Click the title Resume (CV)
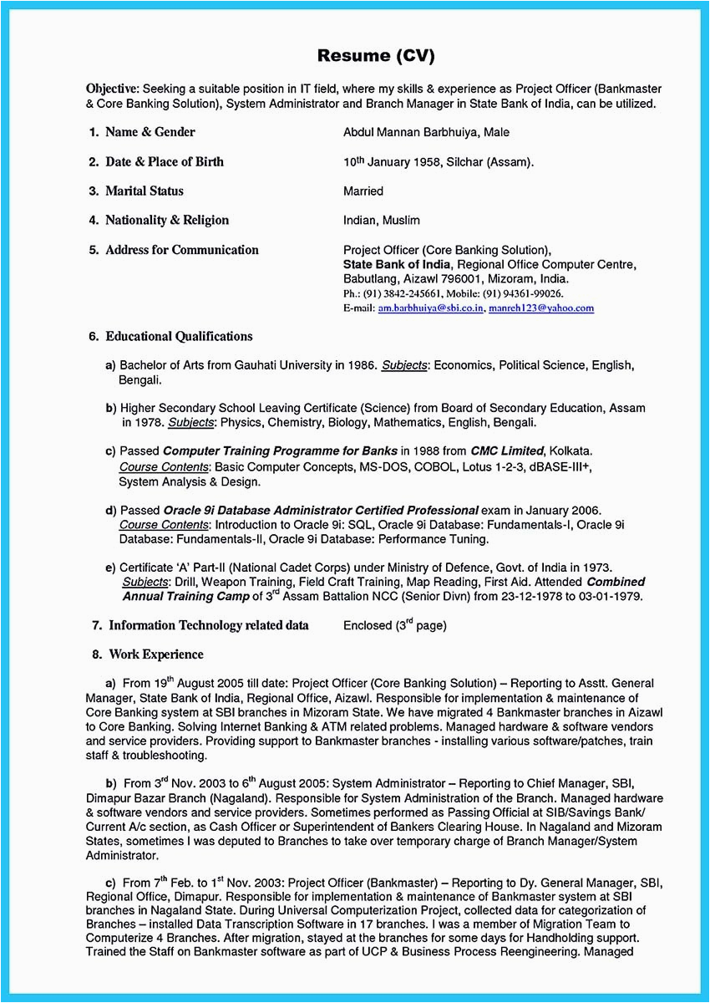tap(376, 56)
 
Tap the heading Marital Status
tap(144, 191)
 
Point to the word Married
tap(363, 191)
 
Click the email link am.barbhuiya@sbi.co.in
tap(430, 308)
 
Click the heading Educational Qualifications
tap(179, 336)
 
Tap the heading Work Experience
tap(155, 654)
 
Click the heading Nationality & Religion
tap(166, 220)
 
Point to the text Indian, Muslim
tap(382, 221)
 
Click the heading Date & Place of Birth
tap(164, 161)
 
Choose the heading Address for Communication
tap(181, 249)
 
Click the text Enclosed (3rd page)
tap(395, 625)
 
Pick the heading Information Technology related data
tap(208, 625)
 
